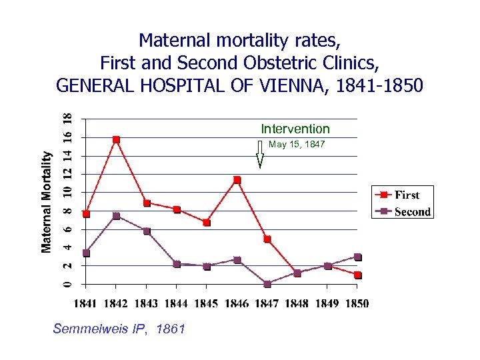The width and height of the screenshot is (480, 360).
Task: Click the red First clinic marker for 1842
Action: click(x=116, y=139)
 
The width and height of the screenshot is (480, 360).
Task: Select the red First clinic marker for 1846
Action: click(x=237, y=180)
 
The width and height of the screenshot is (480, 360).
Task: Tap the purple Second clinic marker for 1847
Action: click(x=267, y=284)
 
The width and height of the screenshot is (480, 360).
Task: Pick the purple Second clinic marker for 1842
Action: click(x=116, y=216)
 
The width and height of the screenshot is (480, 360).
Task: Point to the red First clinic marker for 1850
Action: click(x=358, y=275)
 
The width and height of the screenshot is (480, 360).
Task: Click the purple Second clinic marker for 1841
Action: click(x=86, y=253)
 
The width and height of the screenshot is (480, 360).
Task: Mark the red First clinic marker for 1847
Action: click(x=267, y=239)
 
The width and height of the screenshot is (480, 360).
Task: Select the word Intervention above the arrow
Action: click(x=295, y=129)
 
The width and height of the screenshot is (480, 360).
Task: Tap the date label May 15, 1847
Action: click(x=297, y=144)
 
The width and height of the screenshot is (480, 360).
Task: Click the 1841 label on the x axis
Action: click(x=86, y=303)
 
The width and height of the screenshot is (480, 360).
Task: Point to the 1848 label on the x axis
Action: click(x=297, y=303)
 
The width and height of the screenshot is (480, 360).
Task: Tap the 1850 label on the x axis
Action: click(x=357, y=303)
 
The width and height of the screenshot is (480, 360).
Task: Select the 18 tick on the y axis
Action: click(x=67, y=119)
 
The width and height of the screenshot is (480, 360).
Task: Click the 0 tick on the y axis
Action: click(x=67, y=284)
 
